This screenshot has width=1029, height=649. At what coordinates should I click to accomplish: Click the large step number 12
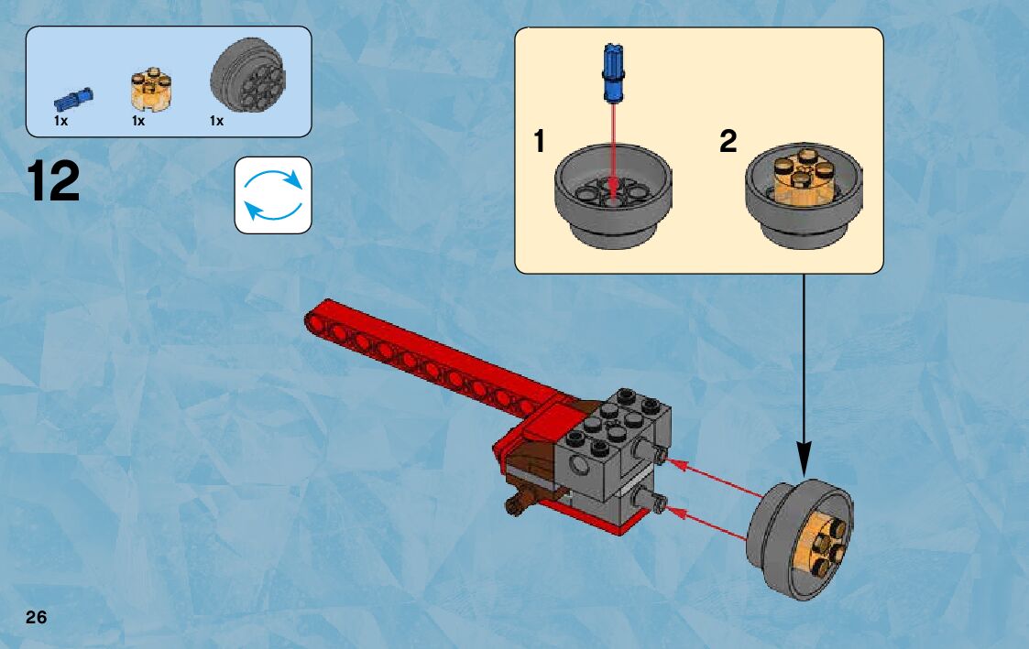(x=54, y=182)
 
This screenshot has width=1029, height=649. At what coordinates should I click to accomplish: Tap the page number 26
(x=36, y=617)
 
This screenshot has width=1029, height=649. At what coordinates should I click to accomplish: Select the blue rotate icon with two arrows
(x=273, y=194)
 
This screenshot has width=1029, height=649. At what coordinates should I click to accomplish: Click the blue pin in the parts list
(x=72, y=96)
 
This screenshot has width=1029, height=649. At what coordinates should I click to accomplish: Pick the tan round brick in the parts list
(x=150, y=89)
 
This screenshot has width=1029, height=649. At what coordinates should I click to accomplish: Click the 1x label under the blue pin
(x=60, y=121)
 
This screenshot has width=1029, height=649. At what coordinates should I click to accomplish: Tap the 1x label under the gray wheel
(x=216, y=121)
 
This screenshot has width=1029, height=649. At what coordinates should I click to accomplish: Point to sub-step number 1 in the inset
(x=539, y=142)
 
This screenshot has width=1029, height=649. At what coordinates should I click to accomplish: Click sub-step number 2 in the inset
(x=728, y=142)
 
